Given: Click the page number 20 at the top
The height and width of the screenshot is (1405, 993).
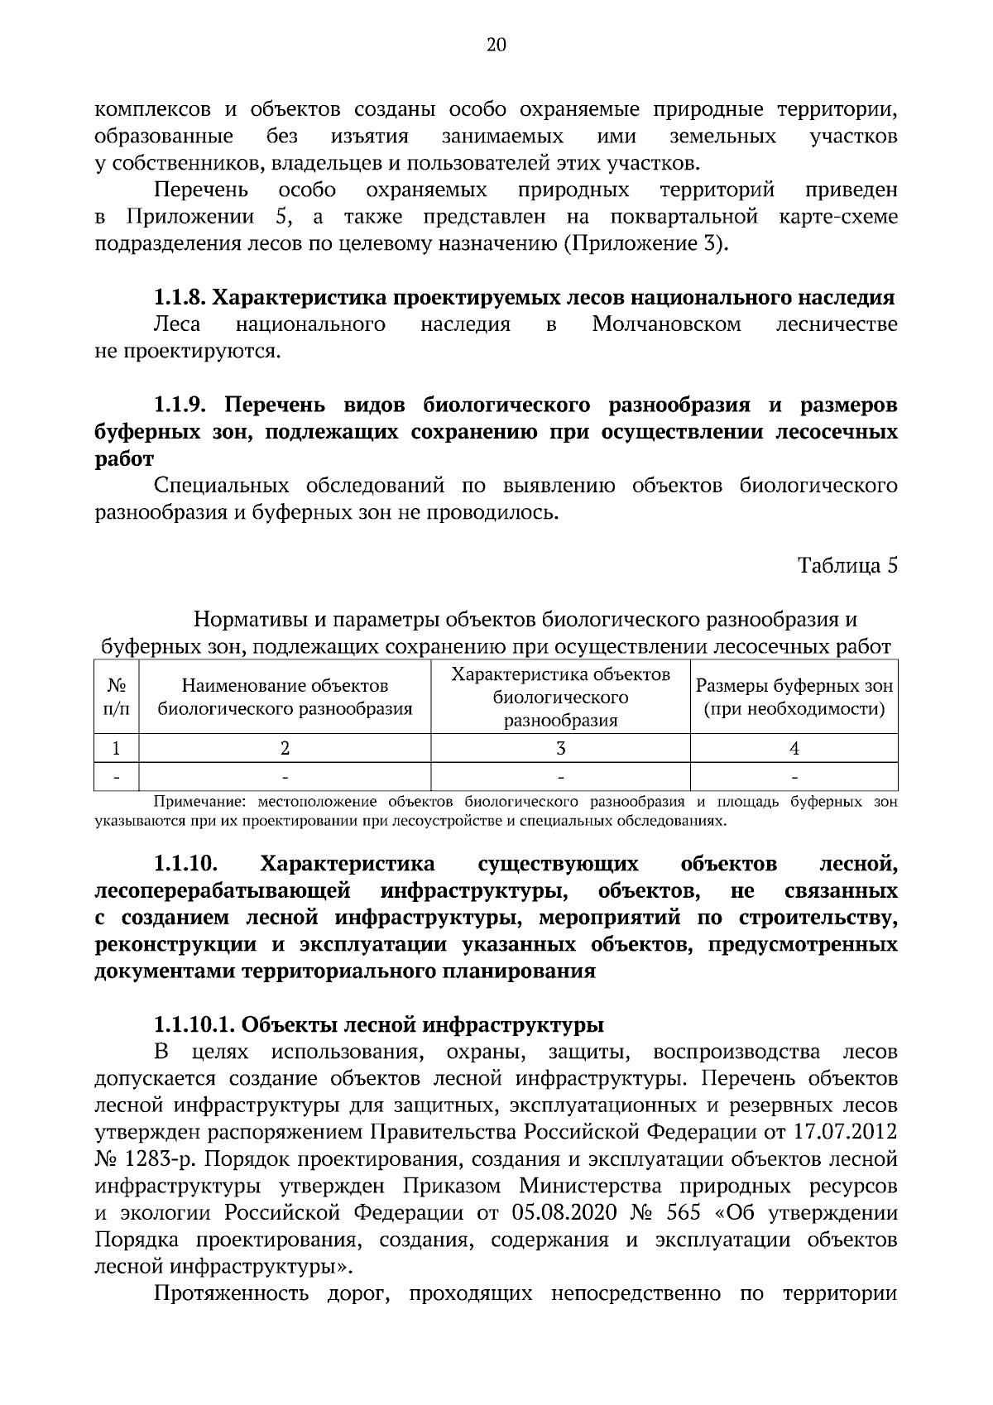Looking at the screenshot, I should pyautogui.click(x=496, y=45).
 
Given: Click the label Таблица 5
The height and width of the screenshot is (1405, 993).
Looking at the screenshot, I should pyautogui.click(x=847, y=566).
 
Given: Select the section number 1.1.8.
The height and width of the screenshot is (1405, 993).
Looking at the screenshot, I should pyautogui.click(x=183, y=298).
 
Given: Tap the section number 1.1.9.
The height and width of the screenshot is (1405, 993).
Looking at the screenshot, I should pyautogui.click(x=183, y=405).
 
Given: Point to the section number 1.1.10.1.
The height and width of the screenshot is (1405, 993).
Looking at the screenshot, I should pyautogui.click(x=196, y=1025).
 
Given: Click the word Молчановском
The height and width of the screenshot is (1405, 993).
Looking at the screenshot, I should pyautogui.click(x=666, y=325).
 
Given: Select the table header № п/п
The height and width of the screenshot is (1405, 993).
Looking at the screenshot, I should pyautogui.click(x=117, y=697).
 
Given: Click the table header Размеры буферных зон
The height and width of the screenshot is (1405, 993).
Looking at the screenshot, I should pyautogui.click(x=794, y=687).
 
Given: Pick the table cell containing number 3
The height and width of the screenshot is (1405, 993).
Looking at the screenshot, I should pyautogui.click(x=560, y=749).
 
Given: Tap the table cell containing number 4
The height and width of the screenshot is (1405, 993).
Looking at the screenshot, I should pyautogui.click(x=794, y=749).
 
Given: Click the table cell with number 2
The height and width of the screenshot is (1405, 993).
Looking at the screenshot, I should pyautogui.click(x=285, y=749).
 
